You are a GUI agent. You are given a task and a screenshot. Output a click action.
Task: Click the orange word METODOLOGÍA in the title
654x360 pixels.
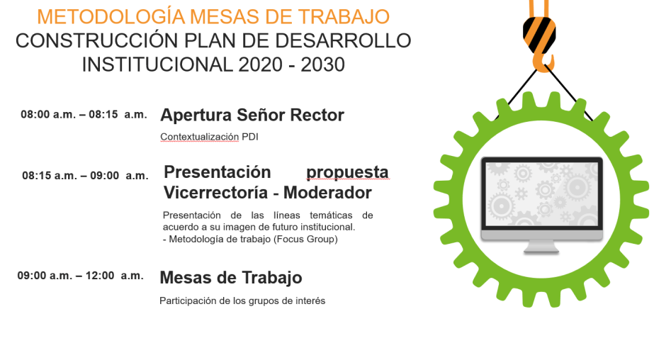point(111,16)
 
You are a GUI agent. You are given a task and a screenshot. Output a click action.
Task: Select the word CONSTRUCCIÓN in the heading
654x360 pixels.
point(97,40)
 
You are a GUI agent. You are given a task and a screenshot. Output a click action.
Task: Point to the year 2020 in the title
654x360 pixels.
point(261,64)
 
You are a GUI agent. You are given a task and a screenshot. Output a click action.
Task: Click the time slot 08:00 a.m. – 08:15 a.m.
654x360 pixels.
point(84,114)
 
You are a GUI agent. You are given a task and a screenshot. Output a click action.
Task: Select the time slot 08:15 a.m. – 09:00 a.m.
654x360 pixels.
point(85,176)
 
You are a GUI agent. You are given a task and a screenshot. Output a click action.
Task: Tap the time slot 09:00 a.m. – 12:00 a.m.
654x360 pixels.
point(81,276)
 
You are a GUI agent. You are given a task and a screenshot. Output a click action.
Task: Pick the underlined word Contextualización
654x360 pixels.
point(199,137)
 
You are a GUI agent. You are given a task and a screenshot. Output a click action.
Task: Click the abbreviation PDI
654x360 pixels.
point(250,137)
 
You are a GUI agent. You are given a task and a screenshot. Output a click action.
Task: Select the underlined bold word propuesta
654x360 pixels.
point(347,172)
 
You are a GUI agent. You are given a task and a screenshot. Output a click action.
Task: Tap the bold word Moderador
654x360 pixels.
point(327,193)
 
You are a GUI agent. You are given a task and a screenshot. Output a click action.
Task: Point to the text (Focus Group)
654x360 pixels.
point(305,239)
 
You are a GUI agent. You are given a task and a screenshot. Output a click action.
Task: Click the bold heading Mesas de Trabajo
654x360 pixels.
point(231,278)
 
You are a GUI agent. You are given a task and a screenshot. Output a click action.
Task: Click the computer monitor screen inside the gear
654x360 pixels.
point(542,194)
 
